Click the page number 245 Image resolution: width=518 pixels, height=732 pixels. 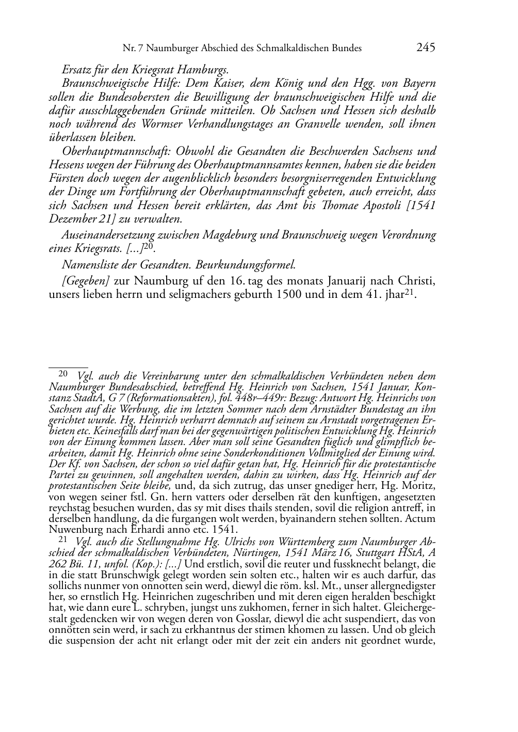[426, 47]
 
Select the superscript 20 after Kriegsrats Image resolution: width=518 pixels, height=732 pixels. [149, 246]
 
